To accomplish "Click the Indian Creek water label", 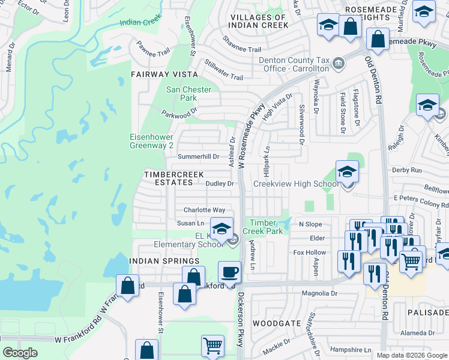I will click(x=140, y=23).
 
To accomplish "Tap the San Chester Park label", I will click(x=188, y=94).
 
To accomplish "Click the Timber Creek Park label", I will click(x=267, y=227).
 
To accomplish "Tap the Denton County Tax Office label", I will click(x=294, y=64).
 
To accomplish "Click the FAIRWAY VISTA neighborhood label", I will click(x=164, y=74).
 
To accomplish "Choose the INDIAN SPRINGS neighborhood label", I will click(x=164, y=261).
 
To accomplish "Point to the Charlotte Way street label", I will click(x=204, y=210).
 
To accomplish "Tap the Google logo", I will click(x=20, y=353).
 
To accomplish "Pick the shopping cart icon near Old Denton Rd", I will click(x=411, y=261).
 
